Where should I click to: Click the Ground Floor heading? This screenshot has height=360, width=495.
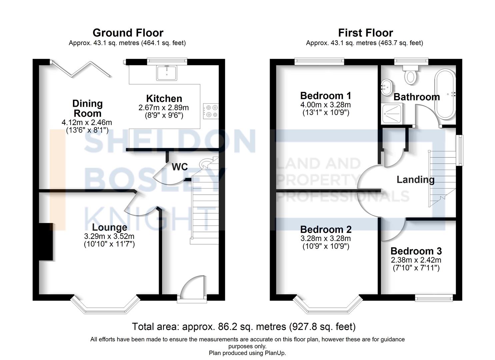point(128,33)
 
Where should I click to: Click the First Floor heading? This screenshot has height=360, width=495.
point(365,33)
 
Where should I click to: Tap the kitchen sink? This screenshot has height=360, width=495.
point(167,73)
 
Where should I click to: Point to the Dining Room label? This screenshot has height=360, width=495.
point(87,108)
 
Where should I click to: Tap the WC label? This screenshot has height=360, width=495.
point(180,167)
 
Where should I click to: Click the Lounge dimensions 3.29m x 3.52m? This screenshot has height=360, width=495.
point(109,236)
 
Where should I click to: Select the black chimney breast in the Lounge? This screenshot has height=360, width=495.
point(46,241)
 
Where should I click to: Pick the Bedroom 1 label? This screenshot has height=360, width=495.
point(326,96)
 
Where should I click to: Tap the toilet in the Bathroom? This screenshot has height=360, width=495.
point(410,75)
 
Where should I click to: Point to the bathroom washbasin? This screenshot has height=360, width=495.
point(386,87)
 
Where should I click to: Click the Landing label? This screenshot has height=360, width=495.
point(415,180)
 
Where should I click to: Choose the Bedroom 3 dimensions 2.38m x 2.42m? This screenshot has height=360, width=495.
point(416,260)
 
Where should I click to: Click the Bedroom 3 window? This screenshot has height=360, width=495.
point(434,298)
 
